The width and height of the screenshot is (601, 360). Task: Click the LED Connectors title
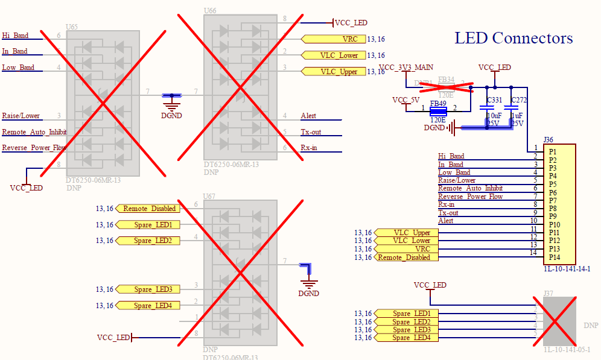[514, 39]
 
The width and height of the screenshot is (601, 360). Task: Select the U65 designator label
[71, 27]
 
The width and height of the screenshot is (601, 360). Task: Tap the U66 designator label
[210, 11]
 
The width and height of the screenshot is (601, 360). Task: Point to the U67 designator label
[209, 197]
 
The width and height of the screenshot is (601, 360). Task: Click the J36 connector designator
[549, 139]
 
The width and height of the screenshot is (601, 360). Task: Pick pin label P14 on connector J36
[553, 257]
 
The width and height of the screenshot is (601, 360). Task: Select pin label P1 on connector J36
[552, 151]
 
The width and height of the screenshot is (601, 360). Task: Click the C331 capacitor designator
[494, 99]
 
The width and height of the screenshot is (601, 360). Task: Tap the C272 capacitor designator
[518, 99]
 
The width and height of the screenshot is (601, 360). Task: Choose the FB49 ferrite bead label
[437, 103]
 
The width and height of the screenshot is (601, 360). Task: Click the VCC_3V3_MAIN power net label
[405, 67]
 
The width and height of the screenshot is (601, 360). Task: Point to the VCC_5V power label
[405, 99]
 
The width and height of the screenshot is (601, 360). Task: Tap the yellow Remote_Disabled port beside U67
[148, 209]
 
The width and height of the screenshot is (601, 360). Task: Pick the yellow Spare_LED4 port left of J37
[406, 338]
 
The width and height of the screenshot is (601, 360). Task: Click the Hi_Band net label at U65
[15, 36]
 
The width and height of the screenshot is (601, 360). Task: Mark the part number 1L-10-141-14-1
[567, 269]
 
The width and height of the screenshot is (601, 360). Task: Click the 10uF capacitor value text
[494, 115]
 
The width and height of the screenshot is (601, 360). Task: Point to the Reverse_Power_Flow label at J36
[470, 197]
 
